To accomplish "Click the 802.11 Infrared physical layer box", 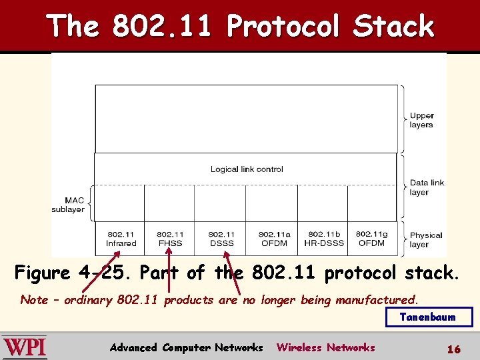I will click(x=121, y=239).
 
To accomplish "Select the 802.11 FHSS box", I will click(x=170, y=239).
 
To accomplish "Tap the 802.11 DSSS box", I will click(x=221, y=239).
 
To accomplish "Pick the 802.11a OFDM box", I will click(x=274, y=239).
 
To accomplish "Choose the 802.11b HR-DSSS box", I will click(x=324, y=239).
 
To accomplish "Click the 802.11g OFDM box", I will click(x=371, y=239).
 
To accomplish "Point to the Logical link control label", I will click(x=247, y=169).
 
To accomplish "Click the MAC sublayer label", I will click(x=68, y=205).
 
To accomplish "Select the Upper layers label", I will click(x=421, y=120).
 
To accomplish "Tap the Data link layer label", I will click(x=427, y=187).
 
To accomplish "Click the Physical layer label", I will click(x=425, y=239).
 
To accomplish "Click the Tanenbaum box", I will click(x=429, y=317).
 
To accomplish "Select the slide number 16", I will click(x=454, y=349).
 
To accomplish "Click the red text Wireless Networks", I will click(x=325, y=347).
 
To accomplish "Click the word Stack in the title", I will click(x=393, y=27).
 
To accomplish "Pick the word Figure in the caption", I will click(x=43, y=273).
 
